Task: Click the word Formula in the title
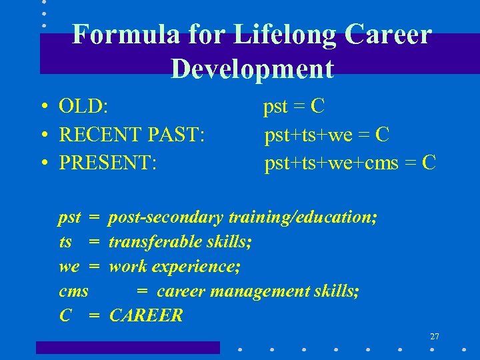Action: (x=125, y=35)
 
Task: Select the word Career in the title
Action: (x=389, y=35)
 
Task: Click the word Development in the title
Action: (x=252, y=69)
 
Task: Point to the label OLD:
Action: (x=84, y=107)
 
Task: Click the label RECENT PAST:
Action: (x=131, y=135)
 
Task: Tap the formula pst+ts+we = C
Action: (x=327, y=135)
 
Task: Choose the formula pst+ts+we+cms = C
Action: (x=350, y=163)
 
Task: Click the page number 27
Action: (x=434, y=336)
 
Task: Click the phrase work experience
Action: (x=175, y=267)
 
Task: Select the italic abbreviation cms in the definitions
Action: (x=73, y=291)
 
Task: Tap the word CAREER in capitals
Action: (x=146, y=316)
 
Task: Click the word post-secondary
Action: (x=166, y=217)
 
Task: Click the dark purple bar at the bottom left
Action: (x=127, y=347)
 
